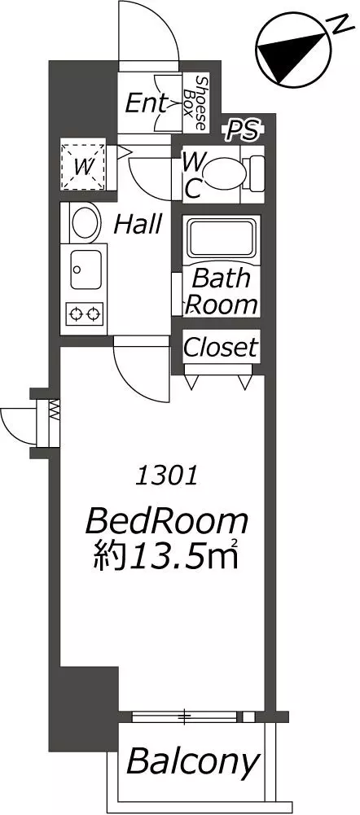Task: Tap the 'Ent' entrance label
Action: (x=146, y=103)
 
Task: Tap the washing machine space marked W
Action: (x=83, y=166)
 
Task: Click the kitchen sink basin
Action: (x=86, y=269)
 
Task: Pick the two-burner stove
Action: (x=85, y=313)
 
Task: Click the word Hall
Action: (x=138, y=225)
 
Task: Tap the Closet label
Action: (x=221, y=347)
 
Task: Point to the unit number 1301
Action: (x=166, y=476)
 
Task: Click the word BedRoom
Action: (x=166, y=522)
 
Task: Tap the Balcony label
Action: (x=192, y=762)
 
